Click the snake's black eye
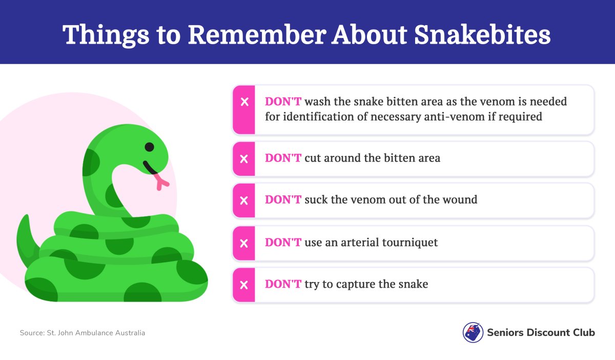pyautogui.click(x=149, y=147)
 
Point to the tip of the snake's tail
pyautogui.click(x=27, y=216)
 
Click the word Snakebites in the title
pyautogui.click(x=482, y=35)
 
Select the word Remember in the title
pyautogui.click(x=257, y=35)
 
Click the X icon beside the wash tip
pyautogui.click(x=244, y=102)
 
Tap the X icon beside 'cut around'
pyautogui.click(x=244, y=159)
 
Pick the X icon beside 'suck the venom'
pyautogui.click(x=244, y=201)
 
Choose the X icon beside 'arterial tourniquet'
pyautogui.click(x=244, y=243)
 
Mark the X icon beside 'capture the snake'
pyautogui.click(x=244, y=285)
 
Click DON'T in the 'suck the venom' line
pyautogui.click(x=283, y=200)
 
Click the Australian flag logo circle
pyautogui.click(x=473, y=332)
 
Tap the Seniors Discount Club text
pyautogui.click(x=541, y=332)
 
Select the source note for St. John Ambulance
pyautogui.click(x=83, y=333)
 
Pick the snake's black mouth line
pyautogui.click(x=150, y=168)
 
